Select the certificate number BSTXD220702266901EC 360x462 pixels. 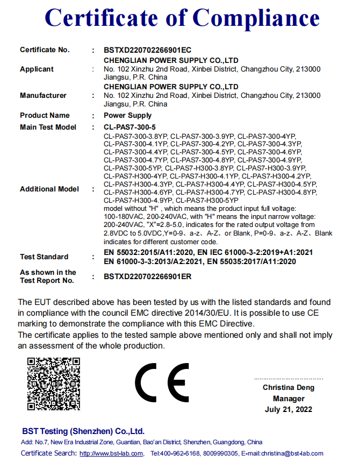coord(147,50)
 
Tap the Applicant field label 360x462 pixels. coord(37,69)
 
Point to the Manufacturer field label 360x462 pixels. coord(43,95)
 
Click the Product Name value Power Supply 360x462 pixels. coord(127,116)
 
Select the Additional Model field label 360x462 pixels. coord(49,189)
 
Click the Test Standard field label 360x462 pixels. coord(44,257)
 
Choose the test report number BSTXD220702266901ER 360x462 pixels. coord(147,277)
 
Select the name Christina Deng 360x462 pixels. coord(289,387)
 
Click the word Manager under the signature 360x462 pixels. coord(289,399)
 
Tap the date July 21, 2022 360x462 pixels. coord(289,410)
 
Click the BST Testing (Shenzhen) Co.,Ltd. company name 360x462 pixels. coord(83,431)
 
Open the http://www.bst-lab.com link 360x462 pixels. coord(111,453)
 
